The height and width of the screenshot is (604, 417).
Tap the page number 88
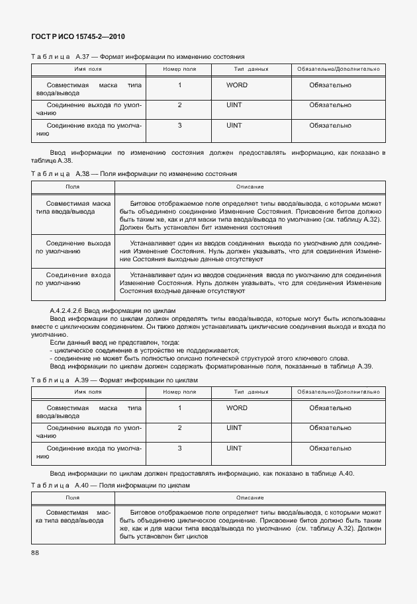click(x=35, y=553)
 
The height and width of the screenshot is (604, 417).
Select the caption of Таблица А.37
click(x=138, y=58)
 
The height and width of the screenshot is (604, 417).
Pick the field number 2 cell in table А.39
click(x=179, y=428)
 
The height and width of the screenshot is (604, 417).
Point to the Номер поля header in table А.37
click(x=179, y=69)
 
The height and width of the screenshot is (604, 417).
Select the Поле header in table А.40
click(x=72, y=497)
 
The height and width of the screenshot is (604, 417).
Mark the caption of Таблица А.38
click(x=134, y=174)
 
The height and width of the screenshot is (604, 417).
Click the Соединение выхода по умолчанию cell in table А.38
click(x=73, y=248)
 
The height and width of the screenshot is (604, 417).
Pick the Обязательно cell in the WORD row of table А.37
click(x=330, y=85)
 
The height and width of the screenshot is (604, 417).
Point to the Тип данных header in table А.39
click(x=251, y=392)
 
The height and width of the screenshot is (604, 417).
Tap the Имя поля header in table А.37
click(x=88, y=69)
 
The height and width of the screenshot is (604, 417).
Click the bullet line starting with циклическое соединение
click(x=144, y=350)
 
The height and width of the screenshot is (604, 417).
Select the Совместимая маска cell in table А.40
click(x=73, y=517)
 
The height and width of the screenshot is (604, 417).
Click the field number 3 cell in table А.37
click(x=179, y=125)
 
